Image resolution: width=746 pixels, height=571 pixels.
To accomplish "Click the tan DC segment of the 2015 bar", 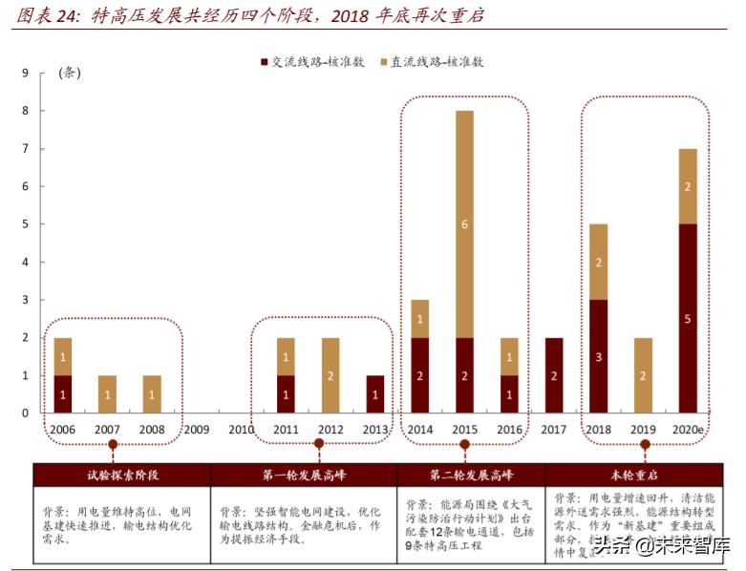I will tap(464, 223).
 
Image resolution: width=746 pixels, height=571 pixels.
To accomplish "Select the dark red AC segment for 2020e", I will tap(688, 318).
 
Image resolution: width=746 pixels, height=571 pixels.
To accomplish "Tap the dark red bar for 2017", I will tap(554, 375).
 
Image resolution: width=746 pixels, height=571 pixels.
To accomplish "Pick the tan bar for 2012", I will tap(330, 375).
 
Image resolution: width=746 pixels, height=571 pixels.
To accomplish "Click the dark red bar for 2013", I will tap(375, 394).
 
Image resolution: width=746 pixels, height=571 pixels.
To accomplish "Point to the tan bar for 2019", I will tap(643, 375).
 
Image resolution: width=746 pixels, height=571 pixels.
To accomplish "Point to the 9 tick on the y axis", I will tap(26, 73).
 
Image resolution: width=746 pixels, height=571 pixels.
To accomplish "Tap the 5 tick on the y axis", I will tap(26, 224).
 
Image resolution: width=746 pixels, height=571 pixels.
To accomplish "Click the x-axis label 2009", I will tap(197, 430).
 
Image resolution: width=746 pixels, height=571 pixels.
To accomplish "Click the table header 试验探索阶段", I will tap(121, 474).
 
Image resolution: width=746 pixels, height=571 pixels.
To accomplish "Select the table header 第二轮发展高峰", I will tap(470, 474).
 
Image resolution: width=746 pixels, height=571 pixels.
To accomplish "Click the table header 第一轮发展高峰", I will tap(304, 474).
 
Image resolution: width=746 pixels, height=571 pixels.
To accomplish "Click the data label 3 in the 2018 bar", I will tap(598, 356).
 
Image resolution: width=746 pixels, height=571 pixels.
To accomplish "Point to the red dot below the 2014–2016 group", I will tap(464, 444).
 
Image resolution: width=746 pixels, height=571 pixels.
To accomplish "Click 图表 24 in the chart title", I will tap(46, 16).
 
